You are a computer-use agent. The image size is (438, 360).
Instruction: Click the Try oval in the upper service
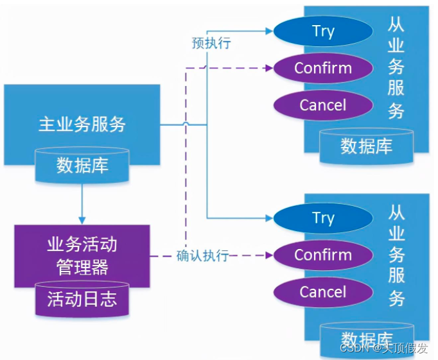(x=323, y=31)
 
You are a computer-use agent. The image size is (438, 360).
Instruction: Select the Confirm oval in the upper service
(x=323, y=68)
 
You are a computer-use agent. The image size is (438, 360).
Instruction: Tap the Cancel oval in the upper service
(x=323, y=105)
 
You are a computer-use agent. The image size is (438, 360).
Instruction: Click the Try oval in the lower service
(x=323, y=218)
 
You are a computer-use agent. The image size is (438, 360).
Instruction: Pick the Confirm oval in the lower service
(x=323, y=255)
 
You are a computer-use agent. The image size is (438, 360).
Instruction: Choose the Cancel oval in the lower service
(x=323, y=292)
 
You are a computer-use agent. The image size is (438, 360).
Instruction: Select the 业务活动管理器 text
(x=82, y=255)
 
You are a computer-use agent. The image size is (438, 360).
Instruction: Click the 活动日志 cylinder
(x=82, y=298)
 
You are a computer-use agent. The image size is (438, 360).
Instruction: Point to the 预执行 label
(x=211, y=44)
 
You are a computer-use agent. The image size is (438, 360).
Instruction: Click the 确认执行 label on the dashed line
(x=203, y=255)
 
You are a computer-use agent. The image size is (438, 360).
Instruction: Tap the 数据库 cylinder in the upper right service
(x=366, y=146)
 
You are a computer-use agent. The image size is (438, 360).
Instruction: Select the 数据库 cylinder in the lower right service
(x=366, y=338)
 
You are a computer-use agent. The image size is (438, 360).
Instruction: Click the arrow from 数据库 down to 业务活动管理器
(x=82, y=205)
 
